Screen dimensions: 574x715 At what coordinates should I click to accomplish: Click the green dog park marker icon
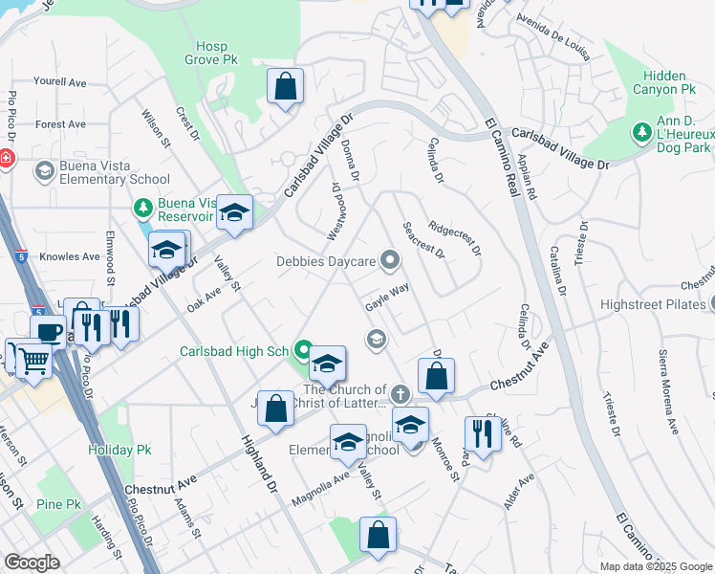(640, 130)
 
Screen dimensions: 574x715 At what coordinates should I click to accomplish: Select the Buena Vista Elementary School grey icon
(43, 170)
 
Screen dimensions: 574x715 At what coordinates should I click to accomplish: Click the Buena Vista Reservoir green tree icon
(143, 208)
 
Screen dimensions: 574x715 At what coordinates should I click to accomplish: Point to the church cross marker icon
(401, 394)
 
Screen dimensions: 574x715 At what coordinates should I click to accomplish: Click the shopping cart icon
(33, 362)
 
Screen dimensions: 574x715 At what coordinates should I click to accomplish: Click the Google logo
(32, 563)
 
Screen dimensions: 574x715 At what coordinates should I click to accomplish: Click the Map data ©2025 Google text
(655, 566)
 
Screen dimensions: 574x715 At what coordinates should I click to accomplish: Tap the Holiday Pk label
(115, 449)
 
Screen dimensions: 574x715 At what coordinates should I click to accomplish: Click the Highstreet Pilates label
(653, 305)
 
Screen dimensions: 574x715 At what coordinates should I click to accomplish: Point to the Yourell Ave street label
(59, 82)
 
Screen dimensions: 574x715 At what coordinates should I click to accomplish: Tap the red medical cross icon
(5, 157)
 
